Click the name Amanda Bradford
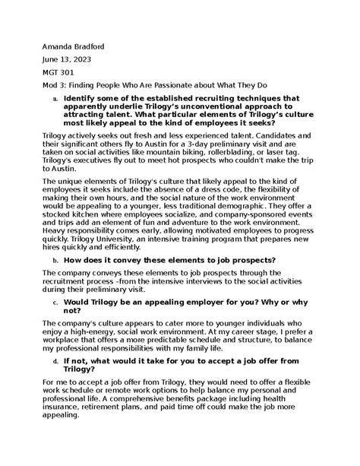(x=74, y=47)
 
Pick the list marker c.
(x=54, y=322)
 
